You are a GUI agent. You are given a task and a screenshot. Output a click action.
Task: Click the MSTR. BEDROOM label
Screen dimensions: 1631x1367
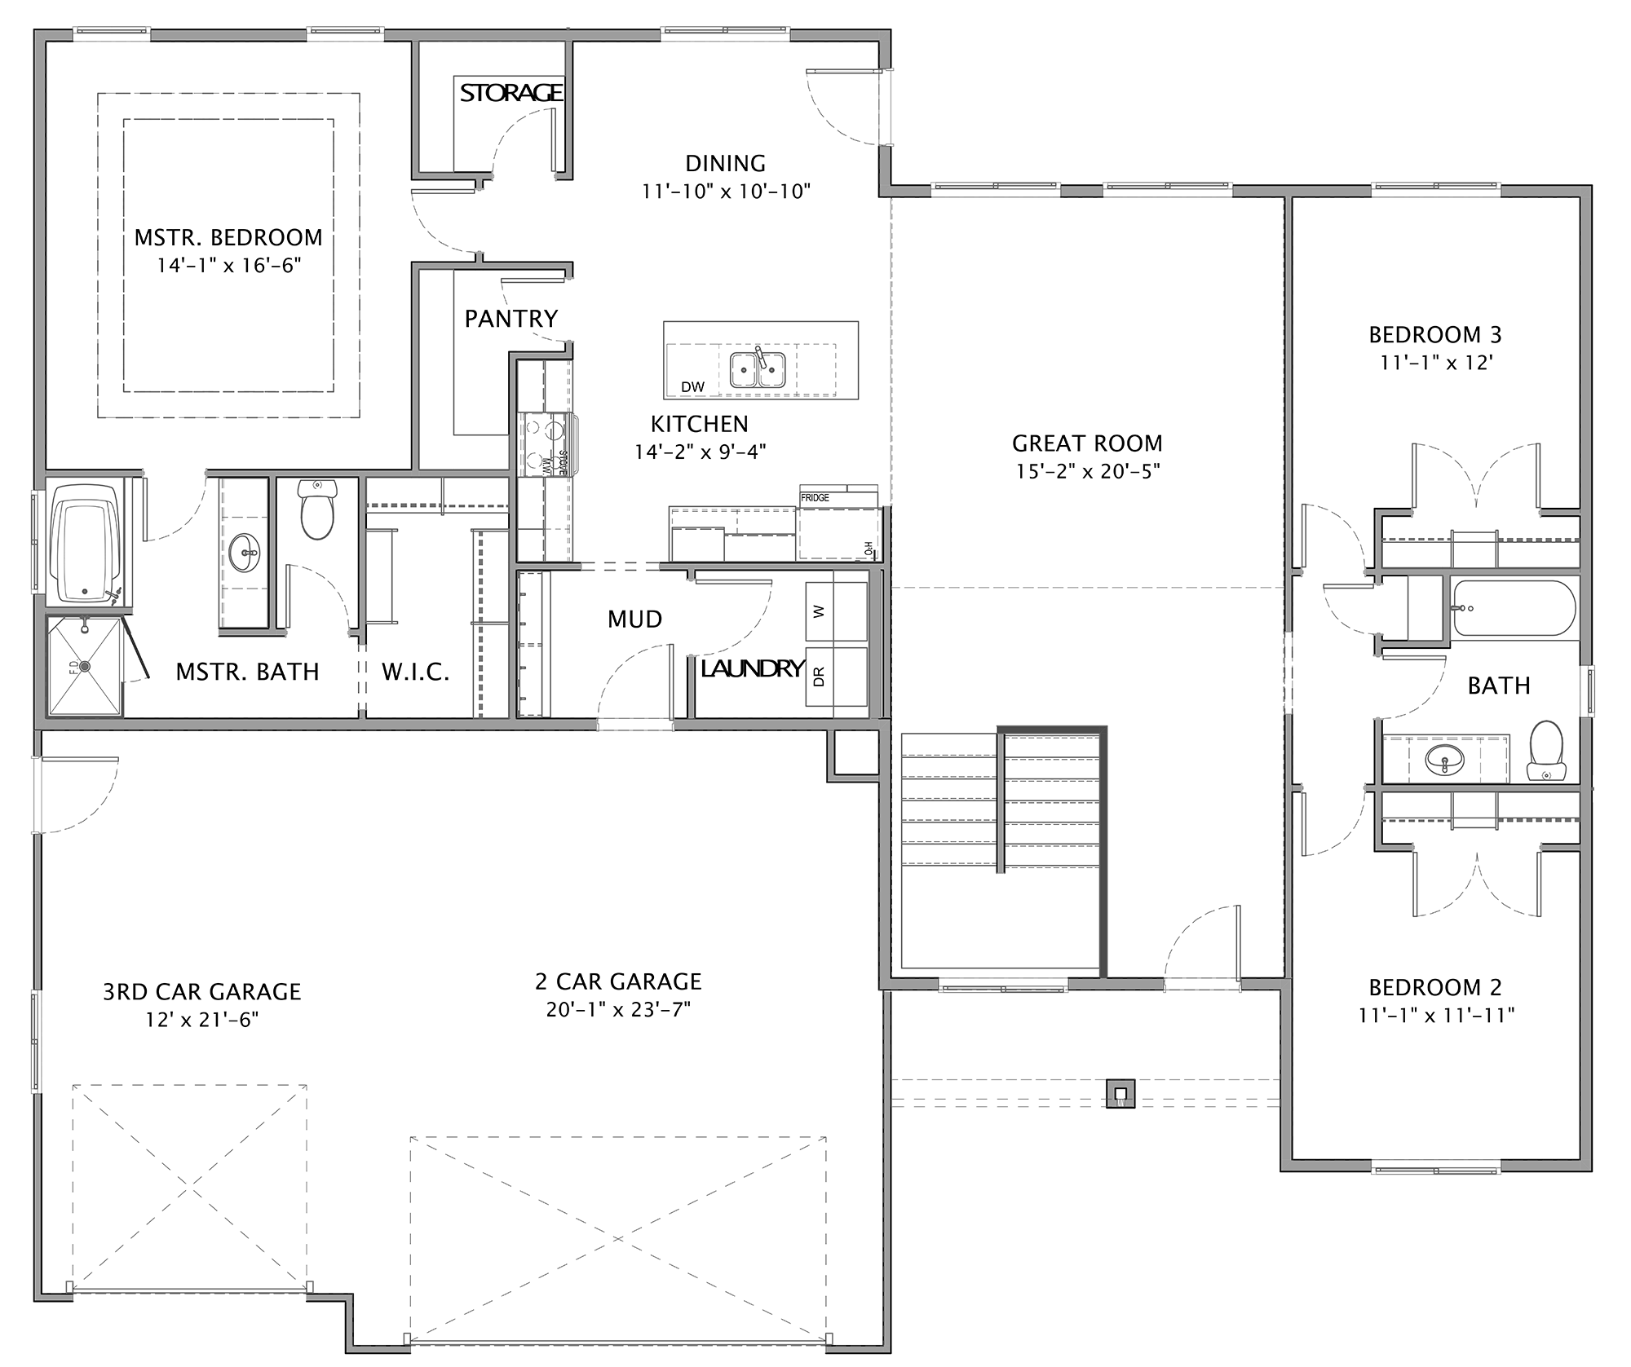point(228,237)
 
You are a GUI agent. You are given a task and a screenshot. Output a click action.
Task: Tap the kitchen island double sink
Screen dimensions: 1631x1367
point(758,369)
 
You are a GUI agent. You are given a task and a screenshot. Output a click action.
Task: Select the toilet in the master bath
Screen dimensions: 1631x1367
point(317,509)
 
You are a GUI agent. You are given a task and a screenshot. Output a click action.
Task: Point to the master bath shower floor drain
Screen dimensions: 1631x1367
point(84,665)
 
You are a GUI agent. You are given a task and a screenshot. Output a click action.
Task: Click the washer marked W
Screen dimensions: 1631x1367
point(836,611)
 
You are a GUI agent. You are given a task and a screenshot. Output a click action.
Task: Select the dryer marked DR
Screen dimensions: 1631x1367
point(836,677)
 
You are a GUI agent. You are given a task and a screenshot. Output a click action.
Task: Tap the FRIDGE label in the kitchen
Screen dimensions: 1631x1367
point(815,497)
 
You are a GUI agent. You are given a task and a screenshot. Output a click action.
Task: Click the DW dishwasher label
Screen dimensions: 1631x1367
point(693,386)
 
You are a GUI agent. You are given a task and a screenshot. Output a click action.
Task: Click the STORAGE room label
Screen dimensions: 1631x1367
point(511,93)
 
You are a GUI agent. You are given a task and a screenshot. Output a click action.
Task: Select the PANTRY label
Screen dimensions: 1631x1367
point(511,318)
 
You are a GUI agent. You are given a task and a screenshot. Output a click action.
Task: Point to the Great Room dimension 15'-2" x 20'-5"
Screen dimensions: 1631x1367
point(1087,471)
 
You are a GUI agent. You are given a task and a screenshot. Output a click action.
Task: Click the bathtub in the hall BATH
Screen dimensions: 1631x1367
point(1514,608)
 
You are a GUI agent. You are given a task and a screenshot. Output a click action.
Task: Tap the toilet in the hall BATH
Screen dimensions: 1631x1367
point(1545,750)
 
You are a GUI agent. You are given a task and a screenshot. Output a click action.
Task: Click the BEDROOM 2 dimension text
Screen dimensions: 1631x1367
point(1435,1015)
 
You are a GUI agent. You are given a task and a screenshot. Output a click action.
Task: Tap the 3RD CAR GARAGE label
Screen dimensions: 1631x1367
point(202,991)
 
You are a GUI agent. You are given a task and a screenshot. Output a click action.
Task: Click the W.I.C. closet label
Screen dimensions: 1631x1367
point(416,672)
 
